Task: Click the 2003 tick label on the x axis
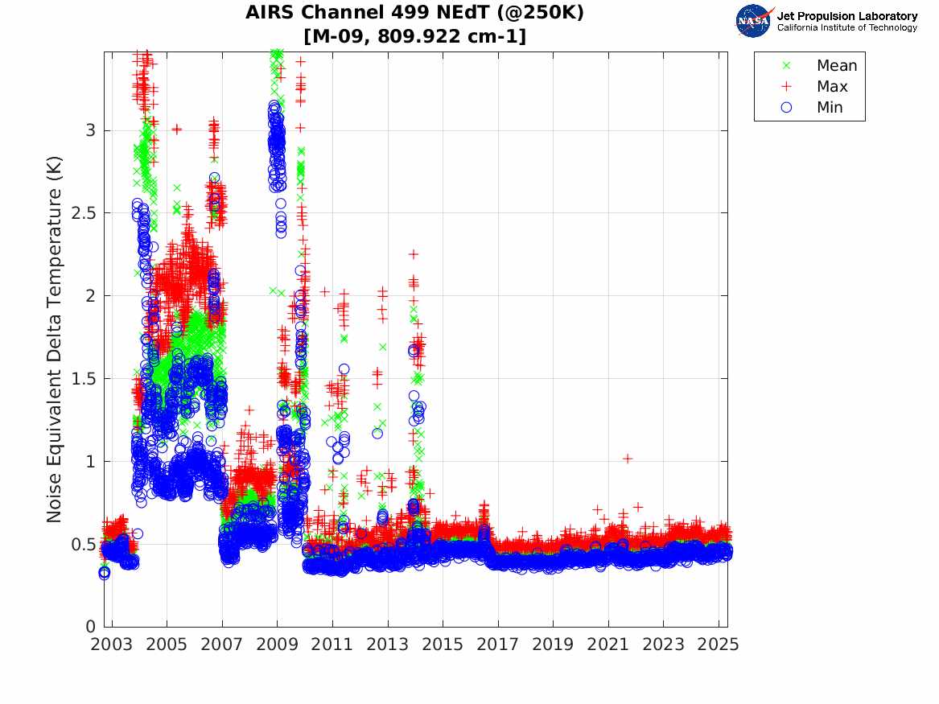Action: click(x=112, y=644)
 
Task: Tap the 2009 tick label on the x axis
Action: click(x=278, y=644)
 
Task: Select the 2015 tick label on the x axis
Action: click(x=443, y=644)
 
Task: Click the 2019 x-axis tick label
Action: click(x=553, y=644)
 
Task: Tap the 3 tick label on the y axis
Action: click(x=91, y=130)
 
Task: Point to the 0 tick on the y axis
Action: click(x=91, y=627)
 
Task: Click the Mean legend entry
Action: click(x=836, y=66)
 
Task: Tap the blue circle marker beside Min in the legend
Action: click(x=787, y=107)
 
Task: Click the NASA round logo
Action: click(x=754, y=21)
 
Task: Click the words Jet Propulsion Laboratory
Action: click(x=846, y=16)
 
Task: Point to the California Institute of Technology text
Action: click(x=846, y=28)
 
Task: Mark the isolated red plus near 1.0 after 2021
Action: click(x=628, y=459)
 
